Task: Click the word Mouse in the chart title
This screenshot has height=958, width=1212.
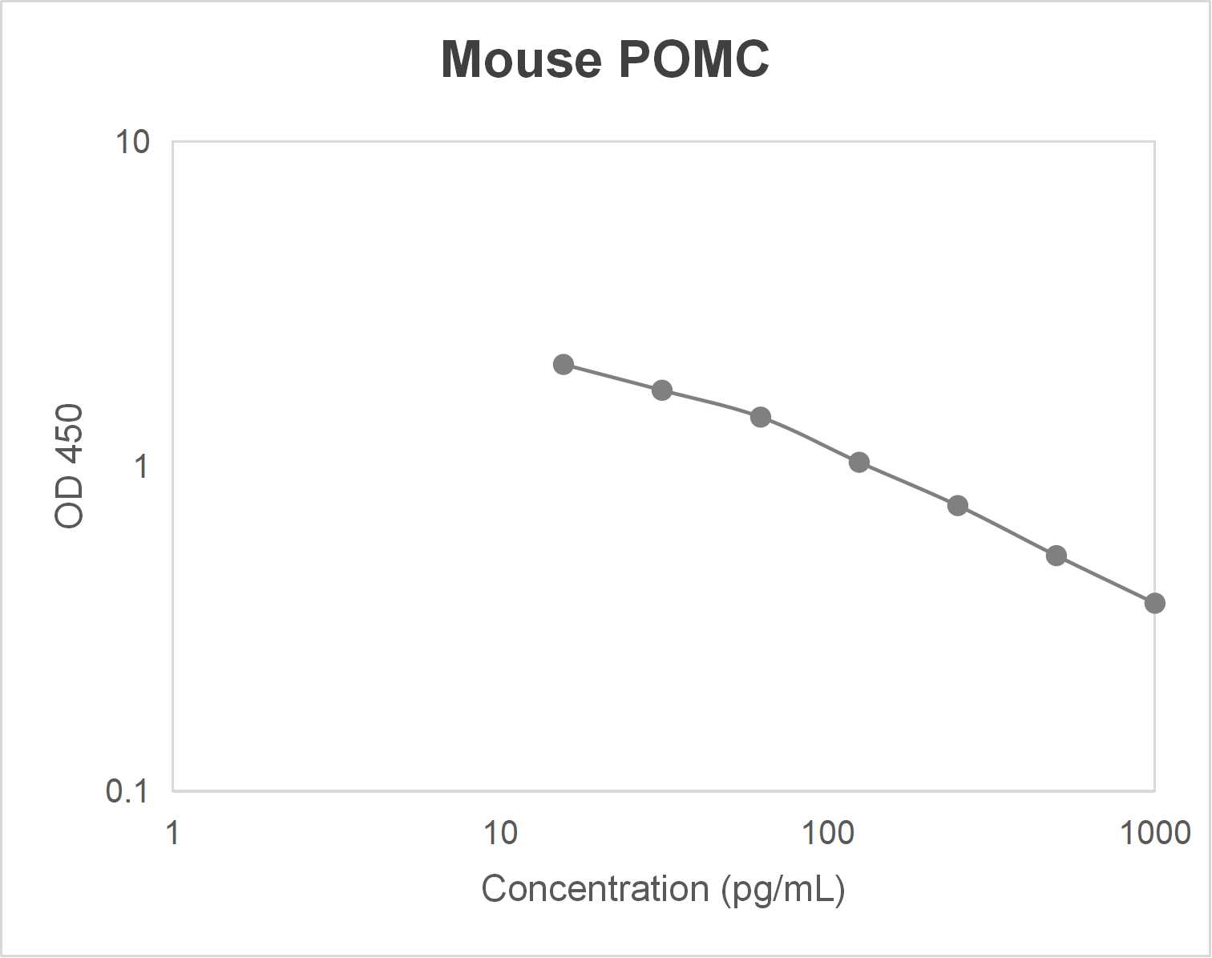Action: point(521,59)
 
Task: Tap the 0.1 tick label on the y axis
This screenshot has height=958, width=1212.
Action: point(127,791)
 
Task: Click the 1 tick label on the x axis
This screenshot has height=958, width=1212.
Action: point(172,833)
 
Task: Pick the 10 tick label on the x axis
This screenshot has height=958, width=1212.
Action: point(500,833)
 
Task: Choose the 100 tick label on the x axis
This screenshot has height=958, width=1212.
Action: point(828,833)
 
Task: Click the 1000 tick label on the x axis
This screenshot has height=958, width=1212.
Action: point(1155,833)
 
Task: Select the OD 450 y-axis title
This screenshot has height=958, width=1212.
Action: point(70,466)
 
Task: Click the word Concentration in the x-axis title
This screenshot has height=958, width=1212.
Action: point(595,889)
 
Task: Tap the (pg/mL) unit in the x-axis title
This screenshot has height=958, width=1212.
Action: point(783,889)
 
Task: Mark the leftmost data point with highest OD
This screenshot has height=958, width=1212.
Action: point(564,365)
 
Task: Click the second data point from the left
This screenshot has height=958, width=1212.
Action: point(662,390)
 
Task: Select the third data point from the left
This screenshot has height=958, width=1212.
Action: point(761,417)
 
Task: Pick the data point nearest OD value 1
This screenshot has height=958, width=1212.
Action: point(859,463)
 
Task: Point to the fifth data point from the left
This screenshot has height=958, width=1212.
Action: point(958,506)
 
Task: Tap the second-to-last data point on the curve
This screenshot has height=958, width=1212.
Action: point(1056,556)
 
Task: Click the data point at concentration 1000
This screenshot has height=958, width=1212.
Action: point(1154,603)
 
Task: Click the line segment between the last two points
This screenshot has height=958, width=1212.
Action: point(1105,580)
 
